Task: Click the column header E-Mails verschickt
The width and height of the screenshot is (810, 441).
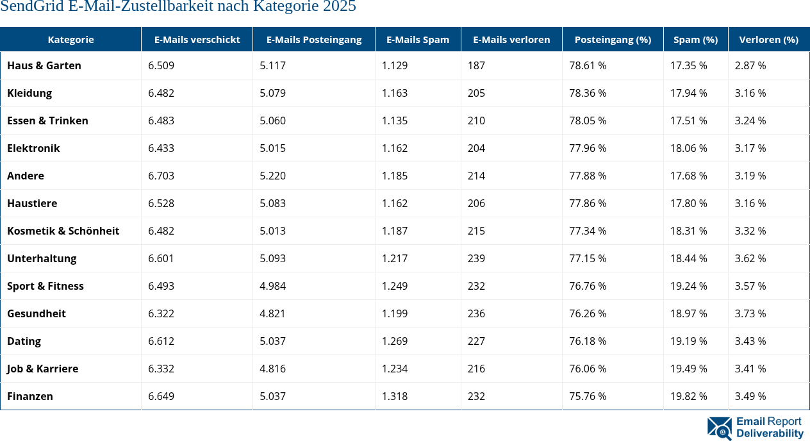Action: click(x=197, y=40)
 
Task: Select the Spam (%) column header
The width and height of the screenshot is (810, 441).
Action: click(x=695, y=40)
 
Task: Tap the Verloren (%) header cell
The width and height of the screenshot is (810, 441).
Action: click(x=768, y=40)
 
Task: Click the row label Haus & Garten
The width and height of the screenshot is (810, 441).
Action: click(x=44, y=65)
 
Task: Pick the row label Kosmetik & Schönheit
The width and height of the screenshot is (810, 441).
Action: click(x=63, y=231)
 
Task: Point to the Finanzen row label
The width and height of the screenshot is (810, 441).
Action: click(x=30, y=396)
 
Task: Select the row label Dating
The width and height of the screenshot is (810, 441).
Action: click(x=24, y=341)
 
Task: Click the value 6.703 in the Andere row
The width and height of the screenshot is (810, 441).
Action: click(x=161, y=176)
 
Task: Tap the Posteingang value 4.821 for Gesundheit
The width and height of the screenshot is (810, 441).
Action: click(x=272, y=313)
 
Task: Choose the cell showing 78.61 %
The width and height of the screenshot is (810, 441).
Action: click(x=588, y=65)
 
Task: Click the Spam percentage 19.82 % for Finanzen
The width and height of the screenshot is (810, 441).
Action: click(x=689, y=396)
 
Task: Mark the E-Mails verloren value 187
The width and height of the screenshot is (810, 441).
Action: click(x=476, y=65)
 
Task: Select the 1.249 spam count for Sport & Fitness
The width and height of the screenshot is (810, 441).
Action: click(x=395, y=286)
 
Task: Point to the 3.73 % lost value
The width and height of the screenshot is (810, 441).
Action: click(x=750, y=313)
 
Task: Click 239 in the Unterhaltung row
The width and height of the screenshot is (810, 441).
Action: click(x=476, y=258)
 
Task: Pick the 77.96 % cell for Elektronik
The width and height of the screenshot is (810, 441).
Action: click(x=588, y=148)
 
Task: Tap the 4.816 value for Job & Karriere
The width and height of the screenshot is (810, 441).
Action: click(x=272, y=369)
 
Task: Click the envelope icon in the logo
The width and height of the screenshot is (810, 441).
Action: click(x=719, y=428)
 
